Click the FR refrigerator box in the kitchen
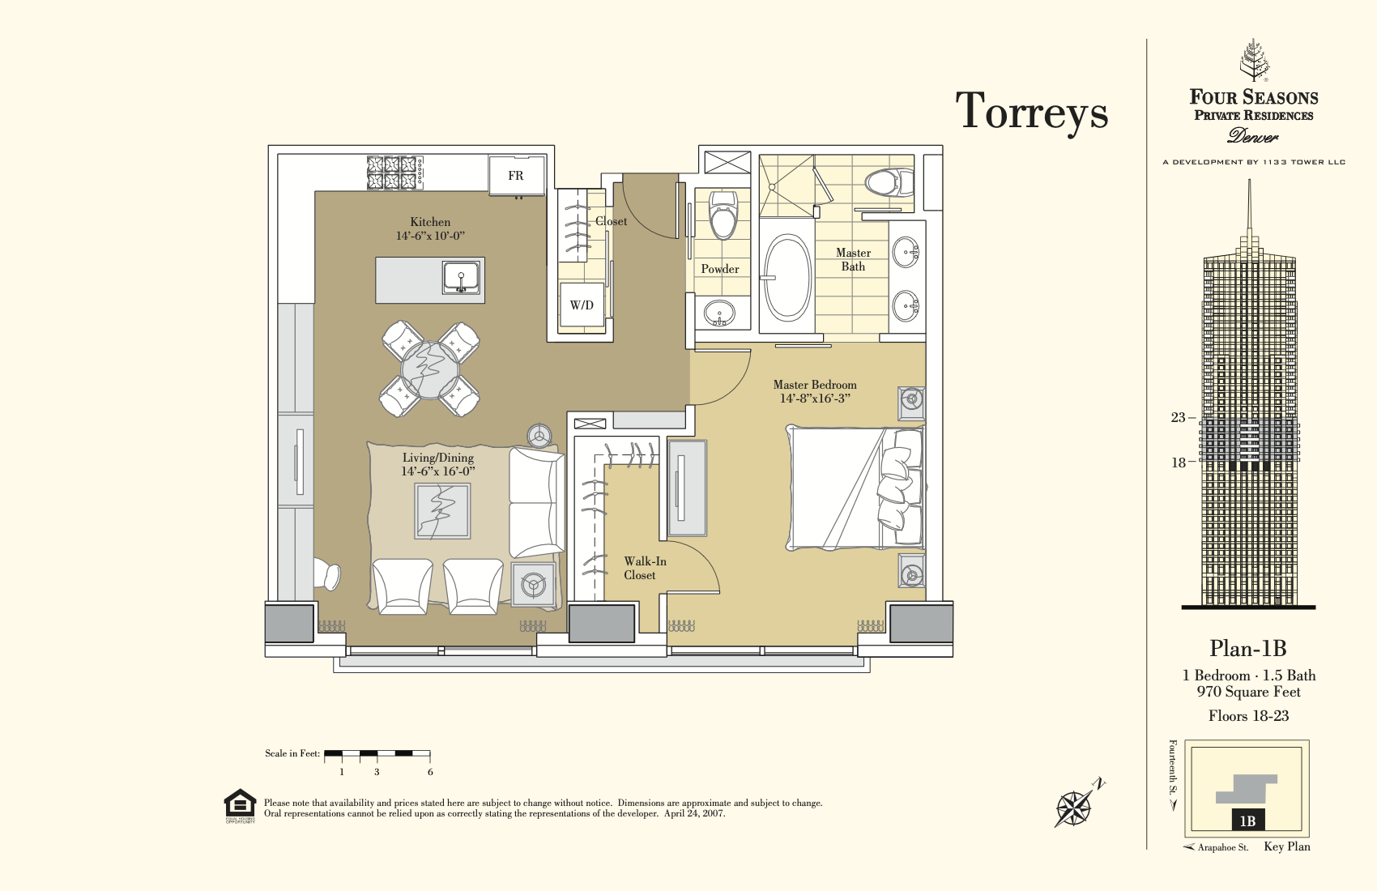(x=517, y=176)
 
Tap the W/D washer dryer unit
(x=581, y=305)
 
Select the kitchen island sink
(x=461, y=277)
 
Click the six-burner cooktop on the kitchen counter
(x=394, y=173)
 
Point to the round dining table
(x=429, y=369)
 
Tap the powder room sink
(x=718, y=313)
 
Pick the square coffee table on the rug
(x=442, y=511)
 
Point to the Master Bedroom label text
(x=815, y=391)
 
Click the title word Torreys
(x=1031, y=112)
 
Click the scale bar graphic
(x=377, y=753)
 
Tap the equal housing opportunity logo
(x=240, y=805)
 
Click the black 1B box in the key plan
(x=1248, y=821)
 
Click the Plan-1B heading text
(x=1248, y=649)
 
